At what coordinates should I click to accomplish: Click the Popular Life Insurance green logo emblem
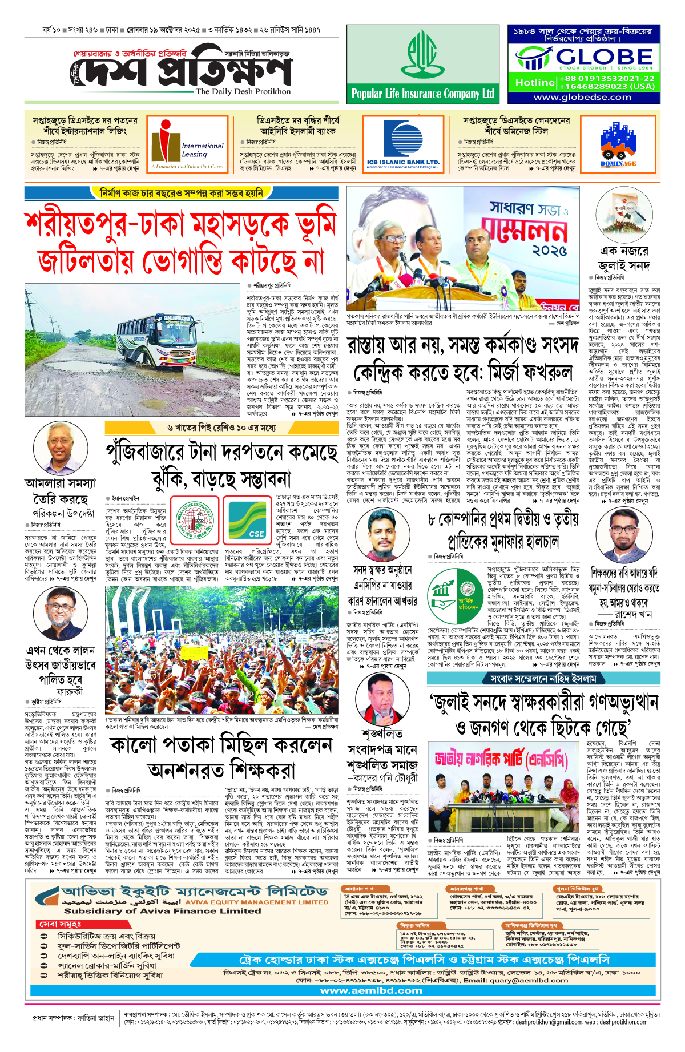[x=422, y=55]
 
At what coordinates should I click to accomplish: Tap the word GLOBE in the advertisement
[x=604, y=57]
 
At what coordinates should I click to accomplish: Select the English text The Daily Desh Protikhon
[x=243, y=91]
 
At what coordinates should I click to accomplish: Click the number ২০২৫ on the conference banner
[x=550, y=251]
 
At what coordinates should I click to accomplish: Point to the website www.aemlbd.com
[x=371, y=991]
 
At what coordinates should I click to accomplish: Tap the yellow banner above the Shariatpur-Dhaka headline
[x=181, y=194]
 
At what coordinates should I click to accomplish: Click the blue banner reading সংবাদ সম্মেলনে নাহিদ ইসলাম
[x=543, y=679]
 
